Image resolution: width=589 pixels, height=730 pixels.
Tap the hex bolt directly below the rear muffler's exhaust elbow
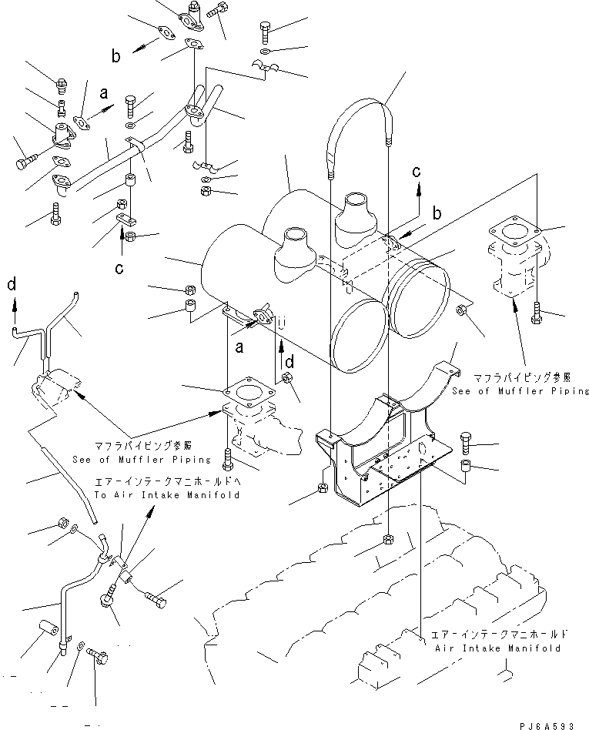coord(537,313)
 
